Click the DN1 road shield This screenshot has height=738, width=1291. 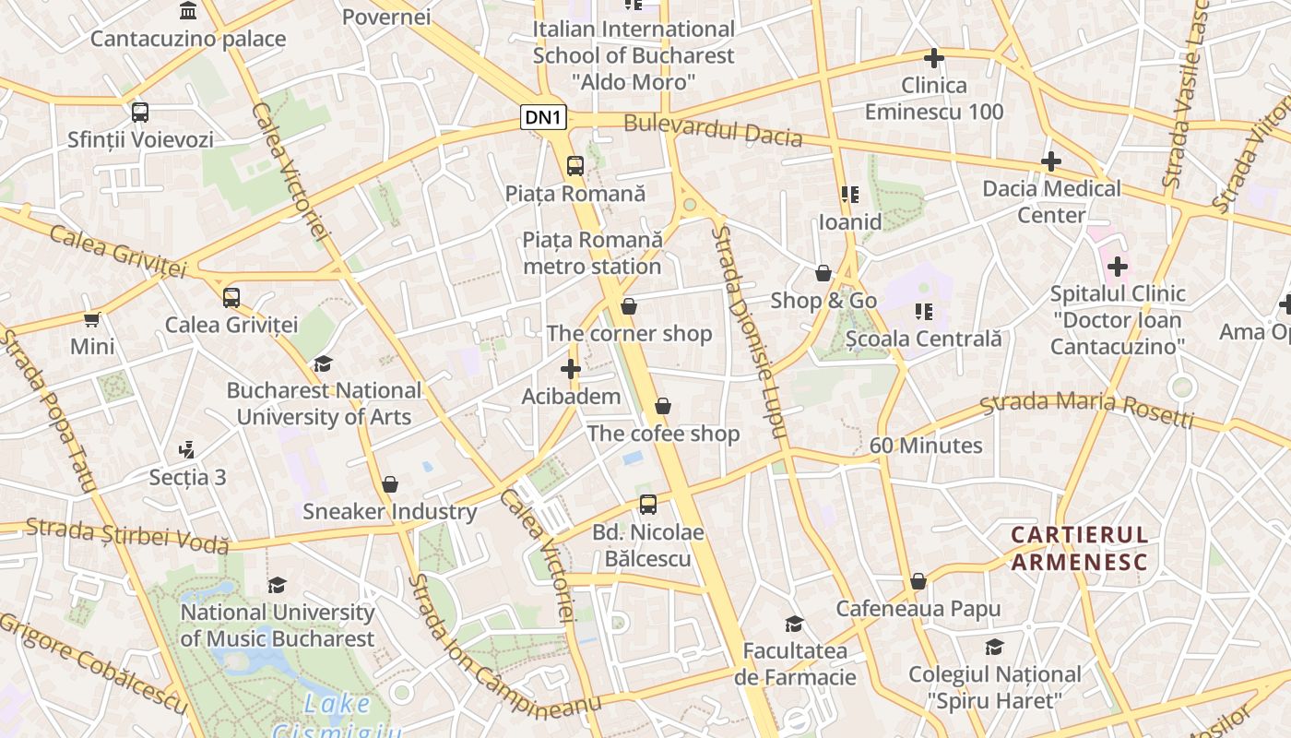point(543,117)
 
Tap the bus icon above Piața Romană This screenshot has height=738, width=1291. point(575,166)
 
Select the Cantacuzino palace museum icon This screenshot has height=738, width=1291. point(189,11)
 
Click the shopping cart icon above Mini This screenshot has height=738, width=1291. point(92,319)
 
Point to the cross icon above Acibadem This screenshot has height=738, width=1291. point(571,370)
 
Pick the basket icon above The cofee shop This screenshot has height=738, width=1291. point(663,406)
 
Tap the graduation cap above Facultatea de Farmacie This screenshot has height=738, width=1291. point(794,625)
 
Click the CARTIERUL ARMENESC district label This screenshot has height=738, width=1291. point(1080,549)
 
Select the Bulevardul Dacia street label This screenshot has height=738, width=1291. point(713,131)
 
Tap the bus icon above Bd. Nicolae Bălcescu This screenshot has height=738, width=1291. point(648,505)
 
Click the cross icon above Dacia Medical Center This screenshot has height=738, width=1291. point(1050,162)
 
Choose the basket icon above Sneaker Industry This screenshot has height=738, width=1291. point(390,484)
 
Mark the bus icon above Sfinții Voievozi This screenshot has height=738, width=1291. point(140,113)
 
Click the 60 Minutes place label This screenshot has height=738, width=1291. point(926,446)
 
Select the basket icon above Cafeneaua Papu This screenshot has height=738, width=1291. point(918,581)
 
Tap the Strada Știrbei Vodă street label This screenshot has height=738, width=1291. point(127,536)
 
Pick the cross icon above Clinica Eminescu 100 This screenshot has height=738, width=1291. point(934,58)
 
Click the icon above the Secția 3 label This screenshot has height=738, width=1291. point(187,450)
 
